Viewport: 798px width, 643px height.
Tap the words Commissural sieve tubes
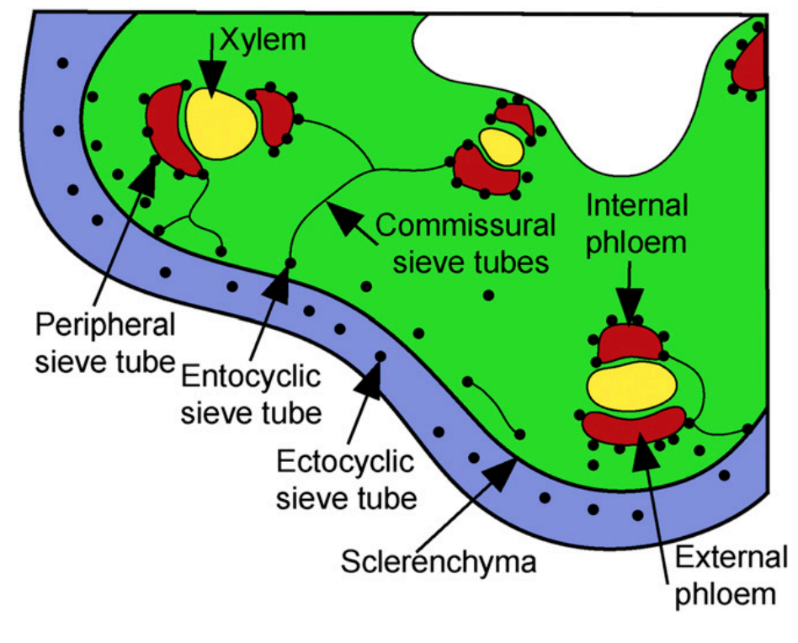pos(465,243)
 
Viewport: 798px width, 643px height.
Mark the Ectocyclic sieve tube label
pos(345,480)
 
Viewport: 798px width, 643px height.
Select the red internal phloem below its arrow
pos(631,343)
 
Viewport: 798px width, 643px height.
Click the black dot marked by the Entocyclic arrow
pos(290,263)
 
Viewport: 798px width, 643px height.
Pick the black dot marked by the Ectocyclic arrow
pos(380,357)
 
